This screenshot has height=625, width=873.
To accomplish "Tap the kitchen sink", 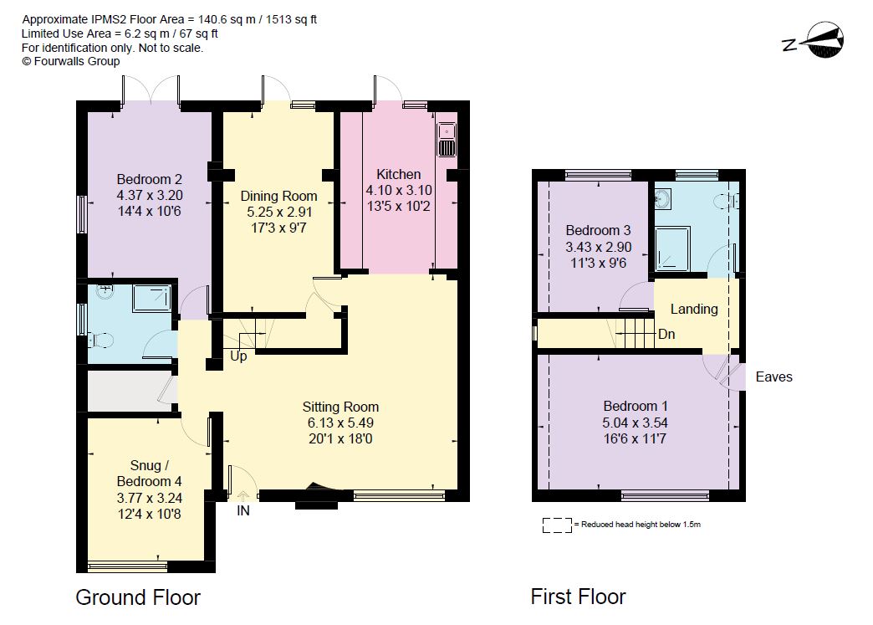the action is [447, 139].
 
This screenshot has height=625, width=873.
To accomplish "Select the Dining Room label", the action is [278, 196].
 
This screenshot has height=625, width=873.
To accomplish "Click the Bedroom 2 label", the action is [149, 179].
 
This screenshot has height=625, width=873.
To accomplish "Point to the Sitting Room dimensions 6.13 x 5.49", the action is [340, 423].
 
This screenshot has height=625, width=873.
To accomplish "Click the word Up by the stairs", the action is [238, 356].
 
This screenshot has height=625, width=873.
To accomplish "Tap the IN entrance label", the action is [243, 511].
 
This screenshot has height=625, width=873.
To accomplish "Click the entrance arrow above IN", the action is [243, 495].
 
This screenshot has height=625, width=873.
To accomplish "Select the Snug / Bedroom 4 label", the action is [149, 473].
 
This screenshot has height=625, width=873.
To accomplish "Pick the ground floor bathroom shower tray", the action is [151, 298].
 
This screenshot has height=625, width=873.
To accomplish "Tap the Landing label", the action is [694, 310].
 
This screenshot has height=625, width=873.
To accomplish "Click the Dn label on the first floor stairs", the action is [666, 334].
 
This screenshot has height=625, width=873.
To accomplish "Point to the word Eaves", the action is [773, 377].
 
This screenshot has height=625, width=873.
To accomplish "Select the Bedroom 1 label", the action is [636, 406].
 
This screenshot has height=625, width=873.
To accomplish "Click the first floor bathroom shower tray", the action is [672, 248].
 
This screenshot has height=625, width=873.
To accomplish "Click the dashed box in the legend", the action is [557, 525].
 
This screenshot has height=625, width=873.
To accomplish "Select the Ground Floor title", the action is [138, 597].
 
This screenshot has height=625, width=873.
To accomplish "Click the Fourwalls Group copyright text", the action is [71, 62].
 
